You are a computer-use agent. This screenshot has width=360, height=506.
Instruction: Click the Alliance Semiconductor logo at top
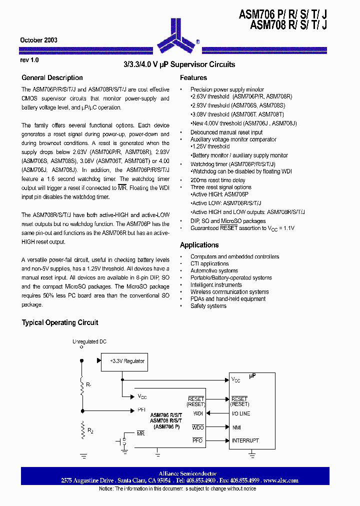pos(180,35)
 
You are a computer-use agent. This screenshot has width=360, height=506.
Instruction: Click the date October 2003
pos(38,40)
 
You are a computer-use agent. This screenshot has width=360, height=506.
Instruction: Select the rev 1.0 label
pos(29,59)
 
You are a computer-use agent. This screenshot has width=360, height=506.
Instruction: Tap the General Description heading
pos(52,77)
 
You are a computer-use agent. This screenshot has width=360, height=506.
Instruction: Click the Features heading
pos(193,77)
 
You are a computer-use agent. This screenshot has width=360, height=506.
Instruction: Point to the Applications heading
pos(199,245)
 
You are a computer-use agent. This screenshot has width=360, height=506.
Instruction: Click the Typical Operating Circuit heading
pos(59,322)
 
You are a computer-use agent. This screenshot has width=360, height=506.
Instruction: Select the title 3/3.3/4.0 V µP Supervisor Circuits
pos(179,64)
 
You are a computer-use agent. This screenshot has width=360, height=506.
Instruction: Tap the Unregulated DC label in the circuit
pos(89,341)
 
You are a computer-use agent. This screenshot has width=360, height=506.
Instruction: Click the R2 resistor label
pos(90,430)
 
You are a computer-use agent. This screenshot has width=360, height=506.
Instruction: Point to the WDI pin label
pos(198,413)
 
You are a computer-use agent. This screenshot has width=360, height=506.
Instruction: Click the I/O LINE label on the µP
pos(241,413)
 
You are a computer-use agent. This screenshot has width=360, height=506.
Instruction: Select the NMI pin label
pos(236,427)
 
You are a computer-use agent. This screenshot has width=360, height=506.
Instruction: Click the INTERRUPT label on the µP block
pos(245,440)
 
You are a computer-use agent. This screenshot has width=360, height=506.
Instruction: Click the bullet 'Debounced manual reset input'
pos(226,132)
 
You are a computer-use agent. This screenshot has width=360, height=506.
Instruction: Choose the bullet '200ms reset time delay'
pos(217,180)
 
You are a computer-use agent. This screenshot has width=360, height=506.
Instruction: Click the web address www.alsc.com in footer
pos(281,480)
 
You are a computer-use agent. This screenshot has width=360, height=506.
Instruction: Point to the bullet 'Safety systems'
pos(208,305)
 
